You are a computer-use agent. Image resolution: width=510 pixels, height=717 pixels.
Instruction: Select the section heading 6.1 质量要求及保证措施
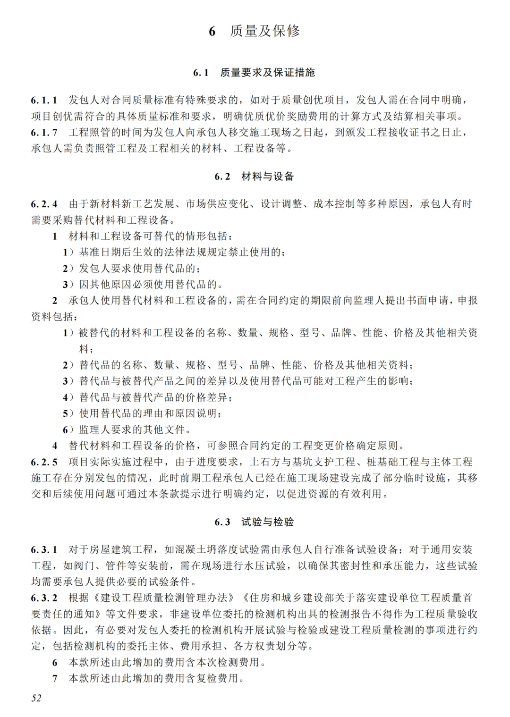(254, 72)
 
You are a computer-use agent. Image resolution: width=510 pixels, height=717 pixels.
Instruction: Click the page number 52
(36, 698)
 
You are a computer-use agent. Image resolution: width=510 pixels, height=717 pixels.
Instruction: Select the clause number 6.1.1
(44, 100)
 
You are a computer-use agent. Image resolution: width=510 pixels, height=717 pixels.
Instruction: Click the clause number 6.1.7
(44, 132)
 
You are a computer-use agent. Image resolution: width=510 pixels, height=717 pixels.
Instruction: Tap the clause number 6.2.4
(44, 204)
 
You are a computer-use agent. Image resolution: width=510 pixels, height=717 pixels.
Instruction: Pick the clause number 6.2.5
(44, 462)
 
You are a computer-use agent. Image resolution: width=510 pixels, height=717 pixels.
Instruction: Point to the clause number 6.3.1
(44, 549)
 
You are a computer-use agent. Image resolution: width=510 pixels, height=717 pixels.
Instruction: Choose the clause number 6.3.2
(44, 598)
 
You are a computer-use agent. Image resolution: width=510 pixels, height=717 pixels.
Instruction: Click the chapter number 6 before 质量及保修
(212, 32)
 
